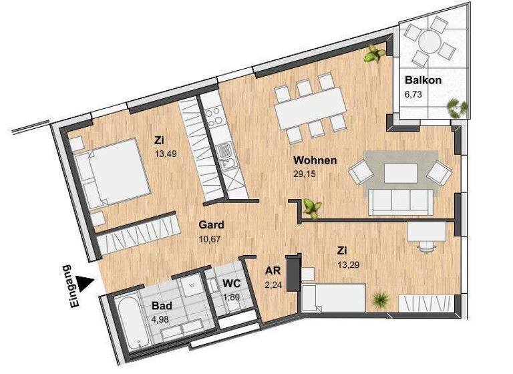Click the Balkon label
click(x=423, y=81)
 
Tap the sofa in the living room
click(x=399, y=202)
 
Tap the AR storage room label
click(x=272, y=271)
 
